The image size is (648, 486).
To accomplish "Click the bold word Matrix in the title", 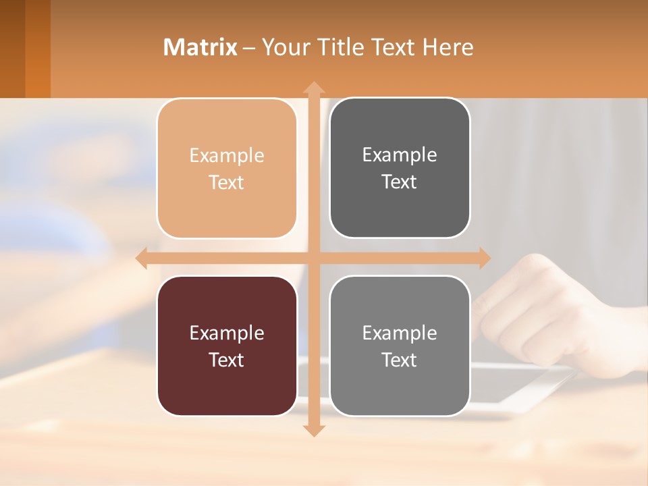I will [x=200, y=47].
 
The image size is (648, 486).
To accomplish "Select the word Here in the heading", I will [x=448, y=47].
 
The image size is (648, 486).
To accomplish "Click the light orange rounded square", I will [x=227, y=168].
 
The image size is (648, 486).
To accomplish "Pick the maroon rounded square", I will [x=227, y=346].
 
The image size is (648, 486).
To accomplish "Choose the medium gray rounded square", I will [x=400, y=346].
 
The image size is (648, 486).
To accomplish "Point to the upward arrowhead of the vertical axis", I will [x=313, y=88].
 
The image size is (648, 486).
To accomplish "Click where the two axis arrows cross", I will [x=313, y=259].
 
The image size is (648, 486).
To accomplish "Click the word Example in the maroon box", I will [x=227, y=333].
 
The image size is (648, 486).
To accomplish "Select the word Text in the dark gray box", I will [x=400, y=182].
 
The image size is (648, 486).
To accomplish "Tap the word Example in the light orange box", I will [x=227, y=155].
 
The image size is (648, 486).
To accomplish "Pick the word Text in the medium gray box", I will [x=400, y=360].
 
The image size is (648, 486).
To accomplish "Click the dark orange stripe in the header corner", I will [x=38, y=49].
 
